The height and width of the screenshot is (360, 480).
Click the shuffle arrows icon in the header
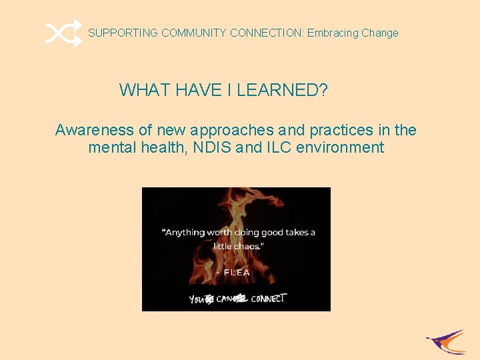click(64, 33)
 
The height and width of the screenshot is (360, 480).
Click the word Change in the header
click(380, 33)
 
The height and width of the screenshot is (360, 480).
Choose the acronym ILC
click(279, 147)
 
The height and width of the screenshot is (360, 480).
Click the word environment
click(340, 147)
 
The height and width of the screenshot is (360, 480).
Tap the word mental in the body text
click(111, 147)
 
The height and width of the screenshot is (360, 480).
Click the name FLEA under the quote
click(238, 273)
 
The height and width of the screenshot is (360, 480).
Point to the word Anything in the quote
click(185, 233)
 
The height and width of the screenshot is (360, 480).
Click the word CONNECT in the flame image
click(269, 298)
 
